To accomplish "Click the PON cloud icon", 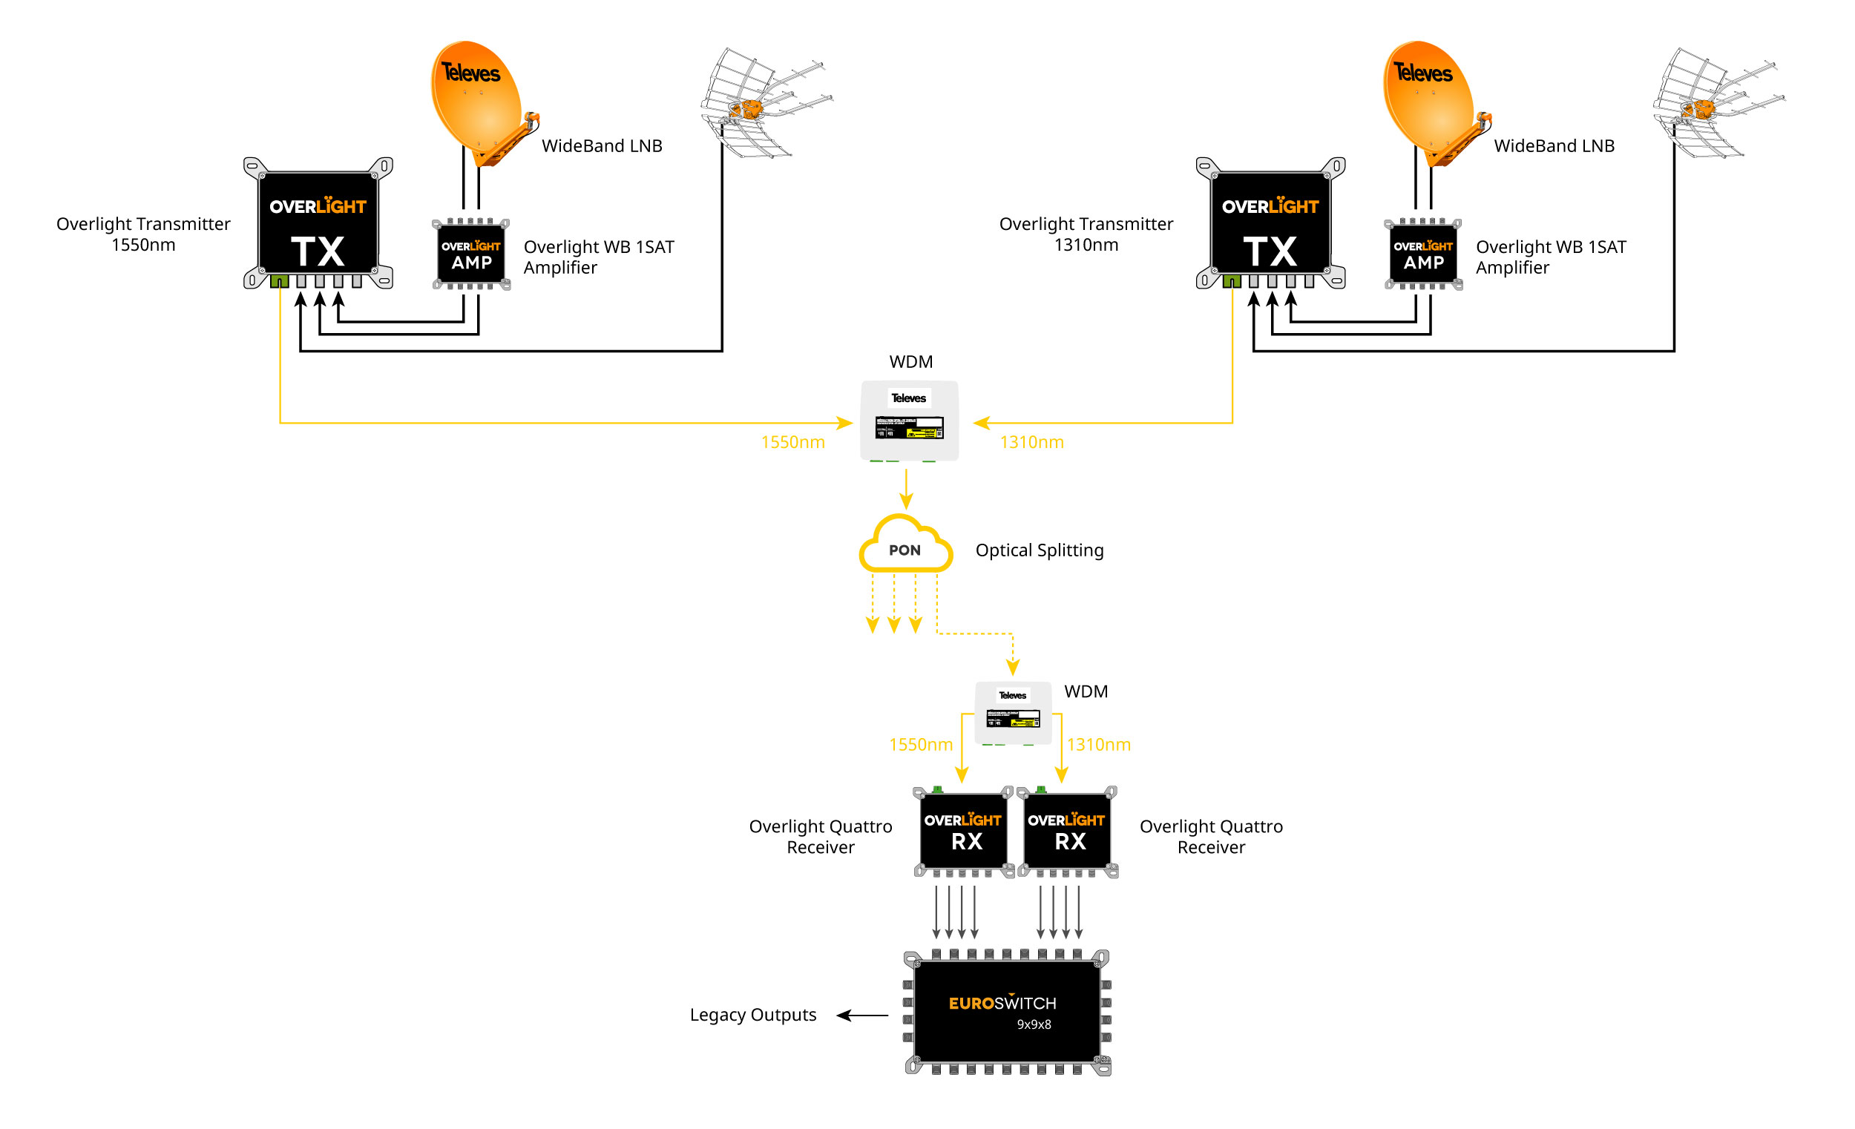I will [905, 545].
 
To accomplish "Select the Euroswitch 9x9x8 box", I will [1007, 1012].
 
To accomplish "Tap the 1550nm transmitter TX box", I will [318, 223].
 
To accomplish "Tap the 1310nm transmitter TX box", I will [1270, 223].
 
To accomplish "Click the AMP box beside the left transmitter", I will [471, 254].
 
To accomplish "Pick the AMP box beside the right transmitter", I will [1423, 254].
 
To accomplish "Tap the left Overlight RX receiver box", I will [963, 831].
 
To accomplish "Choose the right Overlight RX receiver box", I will [1067, 831].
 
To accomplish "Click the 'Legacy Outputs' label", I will [753, 1015].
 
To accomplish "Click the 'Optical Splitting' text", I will [1040, 550].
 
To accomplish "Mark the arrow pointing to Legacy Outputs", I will [863, 1016].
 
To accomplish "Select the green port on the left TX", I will [279, 281].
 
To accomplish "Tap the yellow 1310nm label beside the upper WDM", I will [1031, 443].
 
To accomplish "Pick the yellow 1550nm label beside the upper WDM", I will [792, 443].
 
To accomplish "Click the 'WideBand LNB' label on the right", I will [1554, 146].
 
